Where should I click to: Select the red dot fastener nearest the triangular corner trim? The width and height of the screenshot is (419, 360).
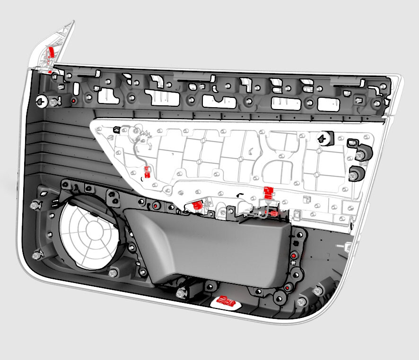(73, 101)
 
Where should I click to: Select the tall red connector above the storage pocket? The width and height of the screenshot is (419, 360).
(268, 192)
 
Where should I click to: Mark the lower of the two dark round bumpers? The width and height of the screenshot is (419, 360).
(357, 174)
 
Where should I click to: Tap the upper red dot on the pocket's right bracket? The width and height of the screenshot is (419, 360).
(294, 256)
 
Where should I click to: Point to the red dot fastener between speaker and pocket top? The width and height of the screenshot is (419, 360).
(156, 206)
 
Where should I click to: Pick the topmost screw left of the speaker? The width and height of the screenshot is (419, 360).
(35, 206)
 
